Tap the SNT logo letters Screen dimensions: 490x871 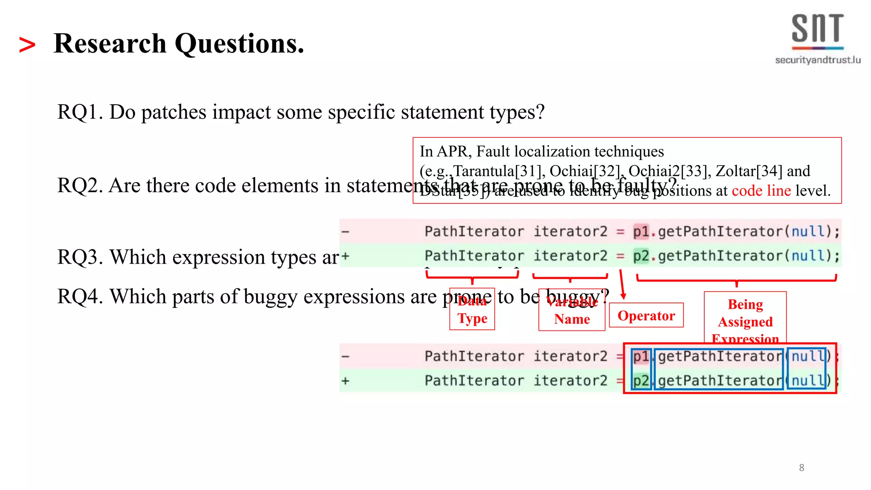tap(817, 29)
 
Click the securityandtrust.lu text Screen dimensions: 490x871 tap(817, 60)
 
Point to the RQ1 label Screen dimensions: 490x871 tap(79, 112)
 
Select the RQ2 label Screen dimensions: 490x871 tap(79, 186)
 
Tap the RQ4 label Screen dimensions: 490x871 tap(79, 297)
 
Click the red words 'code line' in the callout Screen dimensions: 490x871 tap(761, 191)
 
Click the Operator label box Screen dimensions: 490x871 tap(646, 315)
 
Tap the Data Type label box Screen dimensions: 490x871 tap(472, 310)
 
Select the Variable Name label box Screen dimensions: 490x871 tap(572, 311)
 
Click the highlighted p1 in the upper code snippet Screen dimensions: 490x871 tap(641, 232)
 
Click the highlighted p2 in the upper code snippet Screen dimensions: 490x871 tap(641, 256)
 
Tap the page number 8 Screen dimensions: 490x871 tap(802, 468)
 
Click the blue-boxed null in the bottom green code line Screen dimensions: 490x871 tap(807, 381)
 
